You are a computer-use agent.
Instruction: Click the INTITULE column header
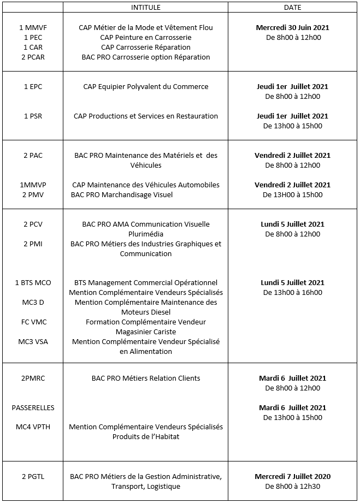[x=145, y=8]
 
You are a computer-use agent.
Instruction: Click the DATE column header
[x=292, y=8]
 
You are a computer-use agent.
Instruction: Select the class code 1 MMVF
[x=33, y=28]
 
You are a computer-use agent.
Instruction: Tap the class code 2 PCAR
[x=33, y=57]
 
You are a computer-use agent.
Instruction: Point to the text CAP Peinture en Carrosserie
[x=145, y=38]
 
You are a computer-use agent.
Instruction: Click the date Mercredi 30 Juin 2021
[x=292, y=28]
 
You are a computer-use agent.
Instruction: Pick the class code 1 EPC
[x=33, y=87]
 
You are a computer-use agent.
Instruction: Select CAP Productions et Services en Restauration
[x=145, y=116]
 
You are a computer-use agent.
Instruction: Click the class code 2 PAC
[x=33, y=156]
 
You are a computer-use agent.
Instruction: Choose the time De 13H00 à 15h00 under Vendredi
[x=292, y=195]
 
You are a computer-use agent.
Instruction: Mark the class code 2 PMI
[x=33, y=244]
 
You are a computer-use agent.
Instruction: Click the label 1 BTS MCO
[x=33, y=283]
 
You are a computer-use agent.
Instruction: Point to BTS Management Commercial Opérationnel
[x=145, y=283]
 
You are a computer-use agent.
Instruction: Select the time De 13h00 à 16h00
[x=292, y=293]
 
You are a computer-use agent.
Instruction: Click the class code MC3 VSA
[x=33, y=342]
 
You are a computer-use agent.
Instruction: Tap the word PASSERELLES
[x=33, y=408]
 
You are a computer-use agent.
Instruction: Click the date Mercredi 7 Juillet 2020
[x=292, y=477]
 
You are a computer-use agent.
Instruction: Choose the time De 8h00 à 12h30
[x=292, y=487]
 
